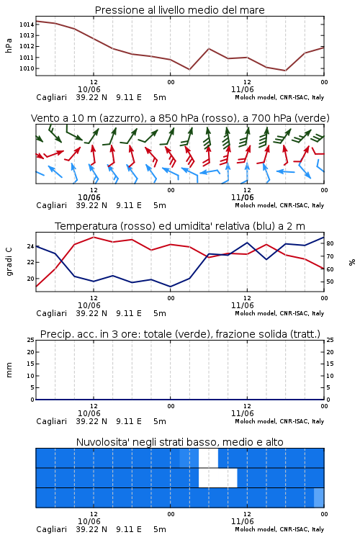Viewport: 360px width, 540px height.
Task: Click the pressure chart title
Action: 179,10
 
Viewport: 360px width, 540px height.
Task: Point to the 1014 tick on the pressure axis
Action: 27,24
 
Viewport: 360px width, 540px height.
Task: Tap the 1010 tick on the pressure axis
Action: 27,68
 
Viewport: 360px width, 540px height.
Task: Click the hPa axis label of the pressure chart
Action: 9,45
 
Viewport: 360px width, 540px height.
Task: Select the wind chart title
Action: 180,118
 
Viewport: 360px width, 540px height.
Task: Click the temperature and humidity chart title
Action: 180,226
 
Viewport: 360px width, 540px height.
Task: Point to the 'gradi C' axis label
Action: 9,262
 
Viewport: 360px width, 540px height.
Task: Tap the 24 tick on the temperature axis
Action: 30,246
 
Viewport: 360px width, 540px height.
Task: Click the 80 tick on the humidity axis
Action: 330,243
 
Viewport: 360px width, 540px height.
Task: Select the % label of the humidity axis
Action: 352,262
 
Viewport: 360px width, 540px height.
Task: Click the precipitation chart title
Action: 180,334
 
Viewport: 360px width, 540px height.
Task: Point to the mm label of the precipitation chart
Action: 9,370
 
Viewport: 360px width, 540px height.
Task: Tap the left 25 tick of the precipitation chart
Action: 30,341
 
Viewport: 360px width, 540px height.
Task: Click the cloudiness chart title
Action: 179,442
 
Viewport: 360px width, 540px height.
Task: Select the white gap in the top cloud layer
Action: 208,458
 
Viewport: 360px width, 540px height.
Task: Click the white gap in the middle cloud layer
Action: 218,478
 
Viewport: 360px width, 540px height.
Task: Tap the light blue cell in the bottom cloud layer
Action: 319,498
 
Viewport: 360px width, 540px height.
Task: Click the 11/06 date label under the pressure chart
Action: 243,89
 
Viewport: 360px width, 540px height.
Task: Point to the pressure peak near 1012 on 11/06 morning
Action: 209,48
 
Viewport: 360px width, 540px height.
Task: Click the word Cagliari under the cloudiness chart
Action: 51,529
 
